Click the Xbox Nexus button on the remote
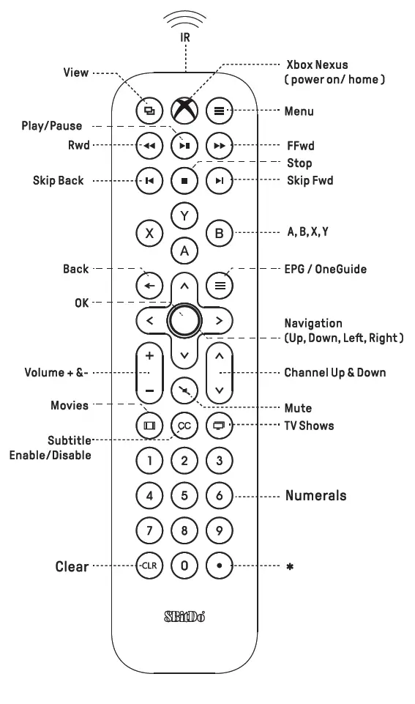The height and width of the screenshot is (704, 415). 184,111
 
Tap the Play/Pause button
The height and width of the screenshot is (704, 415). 184,145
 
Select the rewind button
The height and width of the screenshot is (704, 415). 149,145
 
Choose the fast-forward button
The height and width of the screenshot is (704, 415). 219,145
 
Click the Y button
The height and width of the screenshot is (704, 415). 184,215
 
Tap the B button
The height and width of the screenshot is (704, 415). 219,234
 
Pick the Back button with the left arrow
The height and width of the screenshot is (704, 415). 149,284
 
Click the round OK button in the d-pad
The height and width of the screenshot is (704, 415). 184,319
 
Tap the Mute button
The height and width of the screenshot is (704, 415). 184,390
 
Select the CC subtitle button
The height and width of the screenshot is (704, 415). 184,425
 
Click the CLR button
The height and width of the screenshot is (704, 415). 149,566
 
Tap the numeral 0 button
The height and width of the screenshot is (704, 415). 184,566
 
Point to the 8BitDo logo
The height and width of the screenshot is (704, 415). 184,615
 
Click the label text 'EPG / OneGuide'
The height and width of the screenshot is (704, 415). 326,269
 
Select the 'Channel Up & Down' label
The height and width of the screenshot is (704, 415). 335,372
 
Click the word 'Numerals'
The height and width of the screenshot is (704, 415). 316,495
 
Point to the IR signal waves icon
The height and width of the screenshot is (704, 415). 185,21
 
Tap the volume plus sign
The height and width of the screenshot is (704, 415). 149,356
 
